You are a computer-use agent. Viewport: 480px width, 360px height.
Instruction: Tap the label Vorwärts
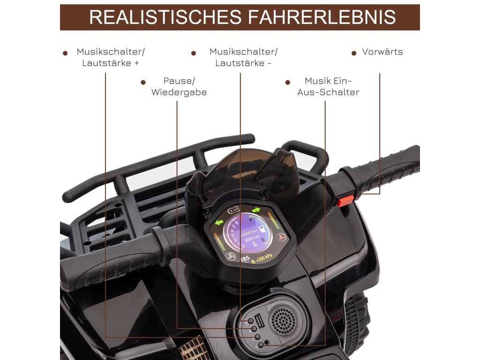click(382, 52)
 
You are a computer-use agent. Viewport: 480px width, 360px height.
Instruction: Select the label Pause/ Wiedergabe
click(179, 87)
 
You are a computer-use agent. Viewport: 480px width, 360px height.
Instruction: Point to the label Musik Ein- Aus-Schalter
click(328, 87)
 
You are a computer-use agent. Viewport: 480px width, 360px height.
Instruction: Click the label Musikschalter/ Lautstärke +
click(111, 57)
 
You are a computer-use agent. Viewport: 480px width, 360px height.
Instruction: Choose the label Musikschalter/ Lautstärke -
click(243, 57)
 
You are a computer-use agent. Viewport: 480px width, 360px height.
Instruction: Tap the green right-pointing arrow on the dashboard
click(255, 210)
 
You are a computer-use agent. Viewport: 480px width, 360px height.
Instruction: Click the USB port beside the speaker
click(261, 324)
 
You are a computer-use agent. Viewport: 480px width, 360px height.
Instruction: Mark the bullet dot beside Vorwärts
click(354, 53)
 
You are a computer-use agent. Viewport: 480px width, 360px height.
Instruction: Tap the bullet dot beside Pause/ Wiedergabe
click(143, 82)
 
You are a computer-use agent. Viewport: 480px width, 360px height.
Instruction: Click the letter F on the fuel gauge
click(252, 219)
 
